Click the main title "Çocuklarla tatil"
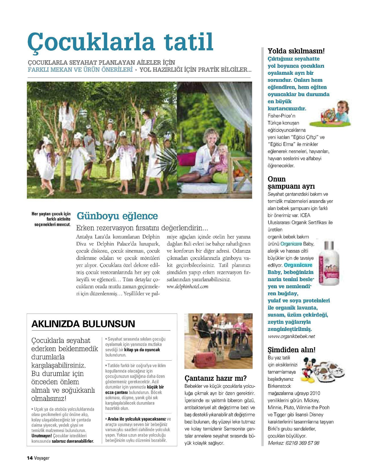(x=120, y=42)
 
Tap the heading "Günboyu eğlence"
(x=117, y=216)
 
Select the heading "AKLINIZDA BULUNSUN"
(x=83, y=324)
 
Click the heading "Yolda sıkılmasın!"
(x=296, y=51)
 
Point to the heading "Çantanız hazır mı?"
(x=216, y=378)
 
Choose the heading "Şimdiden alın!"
(x=291, y=350)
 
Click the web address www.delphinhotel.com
(x=187, y=286)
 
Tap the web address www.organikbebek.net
(x=291, y=336)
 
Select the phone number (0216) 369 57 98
(x=302, y=443)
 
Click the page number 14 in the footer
(x=30, y=458)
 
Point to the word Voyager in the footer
(x=42, y=458)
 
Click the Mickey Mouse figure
(x=308, y=369)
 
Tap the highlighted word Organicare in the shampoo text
(x=291, y=244)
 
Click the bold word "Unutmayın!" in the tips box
(x=42, y=436)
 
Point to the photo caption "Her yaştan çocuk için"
(x=51, y=214)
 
